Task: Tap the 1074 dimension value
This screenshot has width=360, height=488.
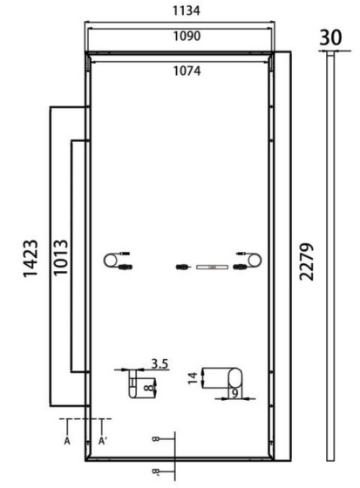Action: (x=186, y=71)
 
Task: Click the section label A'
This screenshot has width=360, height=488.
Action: (x=104, y=442)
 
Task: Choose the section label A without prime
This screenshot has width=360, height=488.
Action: (x=67, y=442)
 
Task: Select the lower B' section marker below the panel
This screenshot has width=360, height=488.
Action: (x=155, y=471)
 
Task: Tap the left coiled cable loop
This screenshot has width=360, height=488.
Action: (x=112, y=260)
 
